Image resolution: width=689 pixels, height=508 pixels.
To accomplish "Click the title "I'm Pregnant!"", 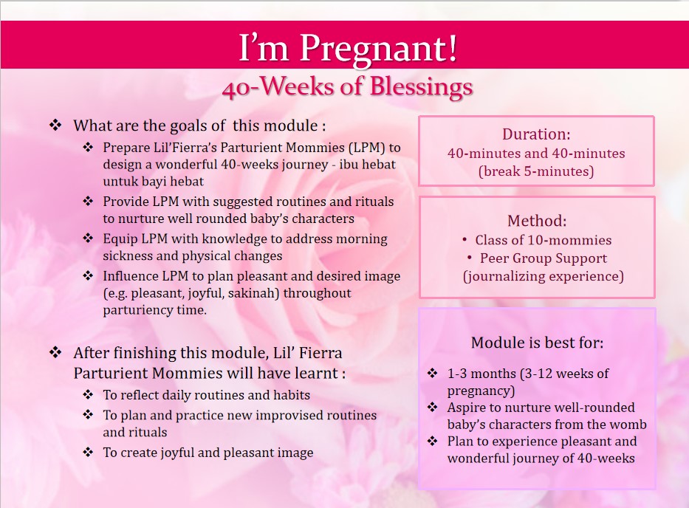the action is [x=348, y=47].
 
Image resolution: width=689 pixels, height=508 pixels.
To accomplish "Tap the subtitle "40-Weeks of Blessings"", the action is [x=348, y=86].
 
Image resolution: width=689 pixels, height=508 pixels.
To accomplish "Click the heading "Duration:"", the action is [x=536, y=134].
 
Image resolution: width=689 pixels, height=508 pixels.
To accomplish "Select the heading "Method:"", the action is [x=537, y=221].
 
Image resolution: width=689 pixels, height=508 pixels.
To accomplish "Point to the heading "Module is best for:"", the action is [x=537, y=343].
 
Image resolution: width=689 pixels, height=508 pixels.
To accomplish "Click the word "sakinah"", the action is [x=253, y=293].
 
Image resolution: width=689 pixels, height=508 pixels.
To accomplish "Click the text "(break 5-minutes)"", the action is [x=536, y=171].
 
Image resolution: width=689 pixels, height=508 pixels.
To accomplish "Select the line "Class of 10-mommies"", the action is [x=543, y=240].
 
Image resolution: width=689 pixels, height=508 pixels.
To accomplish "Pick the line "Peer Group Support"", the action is [x=543, y=258].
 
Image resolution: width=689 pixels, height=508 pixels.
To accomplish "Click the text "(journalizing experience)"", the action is [x=543, y=276].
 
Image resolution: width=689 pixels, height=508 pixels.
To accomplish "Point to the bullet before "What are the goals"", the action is [x=55, y=126].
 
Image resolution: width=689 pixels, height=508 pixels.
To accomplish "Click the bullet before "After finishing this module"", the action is [x=55, y=352].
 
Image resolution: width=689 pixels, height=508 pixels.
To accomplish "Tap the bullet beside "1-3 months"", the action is [x=433, y=373].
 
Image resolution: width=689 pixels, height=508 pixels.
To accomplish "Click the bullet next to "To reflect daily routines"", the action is [x=88, y=394].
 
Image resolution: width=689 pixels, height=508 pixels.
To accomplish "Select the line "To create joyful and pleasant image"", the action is [x=208, y=453].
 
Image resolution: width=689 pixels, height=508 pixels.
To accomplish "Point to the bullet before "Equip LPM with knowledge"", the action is [x=88, y=238].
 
